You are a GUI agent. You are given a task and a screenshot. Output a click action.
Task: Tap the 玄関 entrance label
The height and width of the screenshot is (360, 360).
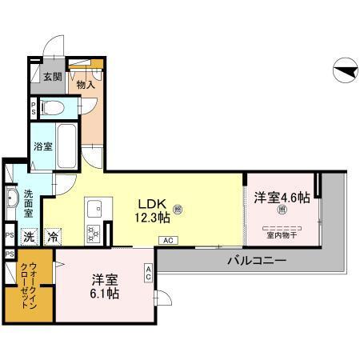(x=52, y=78)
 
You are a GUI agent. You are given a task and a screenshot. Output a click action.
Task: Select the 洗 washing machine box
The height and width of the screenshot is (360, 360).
(x=28, y=236)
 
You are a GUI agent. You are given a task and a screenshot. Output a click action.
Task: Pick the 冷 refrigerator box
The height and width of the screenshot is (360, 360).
(x=51, y=236)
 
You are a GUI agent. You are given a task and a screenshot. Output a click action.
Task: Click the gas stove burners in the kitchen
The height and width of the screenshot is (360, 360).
(x=94, y=234)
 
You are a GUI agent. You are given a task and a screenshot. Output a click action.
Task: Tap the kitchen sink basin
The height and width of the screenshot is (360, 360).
(x=94, y=206)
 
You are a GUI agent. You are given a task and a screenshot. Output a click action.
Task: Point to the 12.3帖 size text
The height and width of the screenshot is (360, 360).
(x=152, y=218)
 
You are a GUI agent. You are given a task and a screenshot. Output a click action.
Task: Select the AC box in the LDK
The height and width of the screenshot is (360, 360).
(x=168, y=240)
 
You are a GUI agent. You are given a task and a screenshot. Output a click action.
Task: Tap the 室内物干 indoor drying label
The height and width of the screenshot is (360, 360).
(x=282, y=234)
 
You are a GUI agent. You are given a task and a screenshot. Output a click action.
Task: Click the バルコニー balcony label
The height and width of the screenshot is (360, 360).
(x=256, y=261)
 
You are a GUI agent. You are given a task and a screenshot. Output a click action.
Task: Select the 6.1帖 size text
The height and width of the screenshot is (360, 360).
(x=105, y=294)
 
